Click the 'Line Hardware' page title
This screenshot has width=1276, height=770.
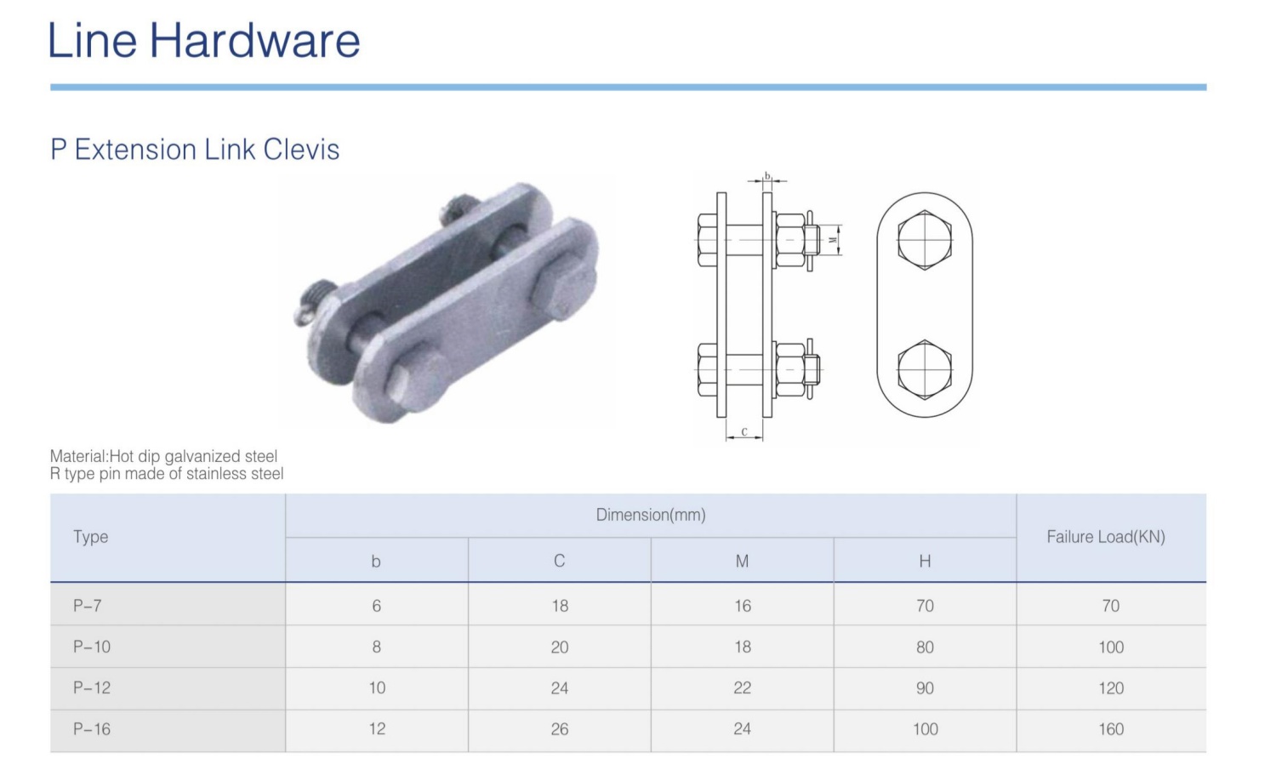click(204, 41)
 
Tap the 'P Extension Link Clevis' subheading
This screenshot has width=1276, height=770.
click(195, 150)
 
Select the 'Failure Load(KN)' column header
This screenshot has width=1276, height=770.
click(1106, 536)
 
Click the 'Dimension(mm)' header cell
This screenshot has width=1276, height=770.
click(651, 515)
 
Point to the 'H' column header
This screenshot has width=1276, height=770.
click(925, 561)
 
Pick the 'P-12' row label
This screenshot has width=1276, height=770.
click(92, 687)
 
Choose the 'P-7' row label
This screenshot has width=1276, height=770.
click(87, 605)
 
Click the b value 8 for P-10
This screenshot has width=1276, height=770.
click(377, 647)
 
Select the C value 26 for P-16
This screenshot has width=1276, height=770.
click(560, 728)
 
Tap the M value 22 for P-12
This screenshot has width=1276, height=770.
click(743, 687)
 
